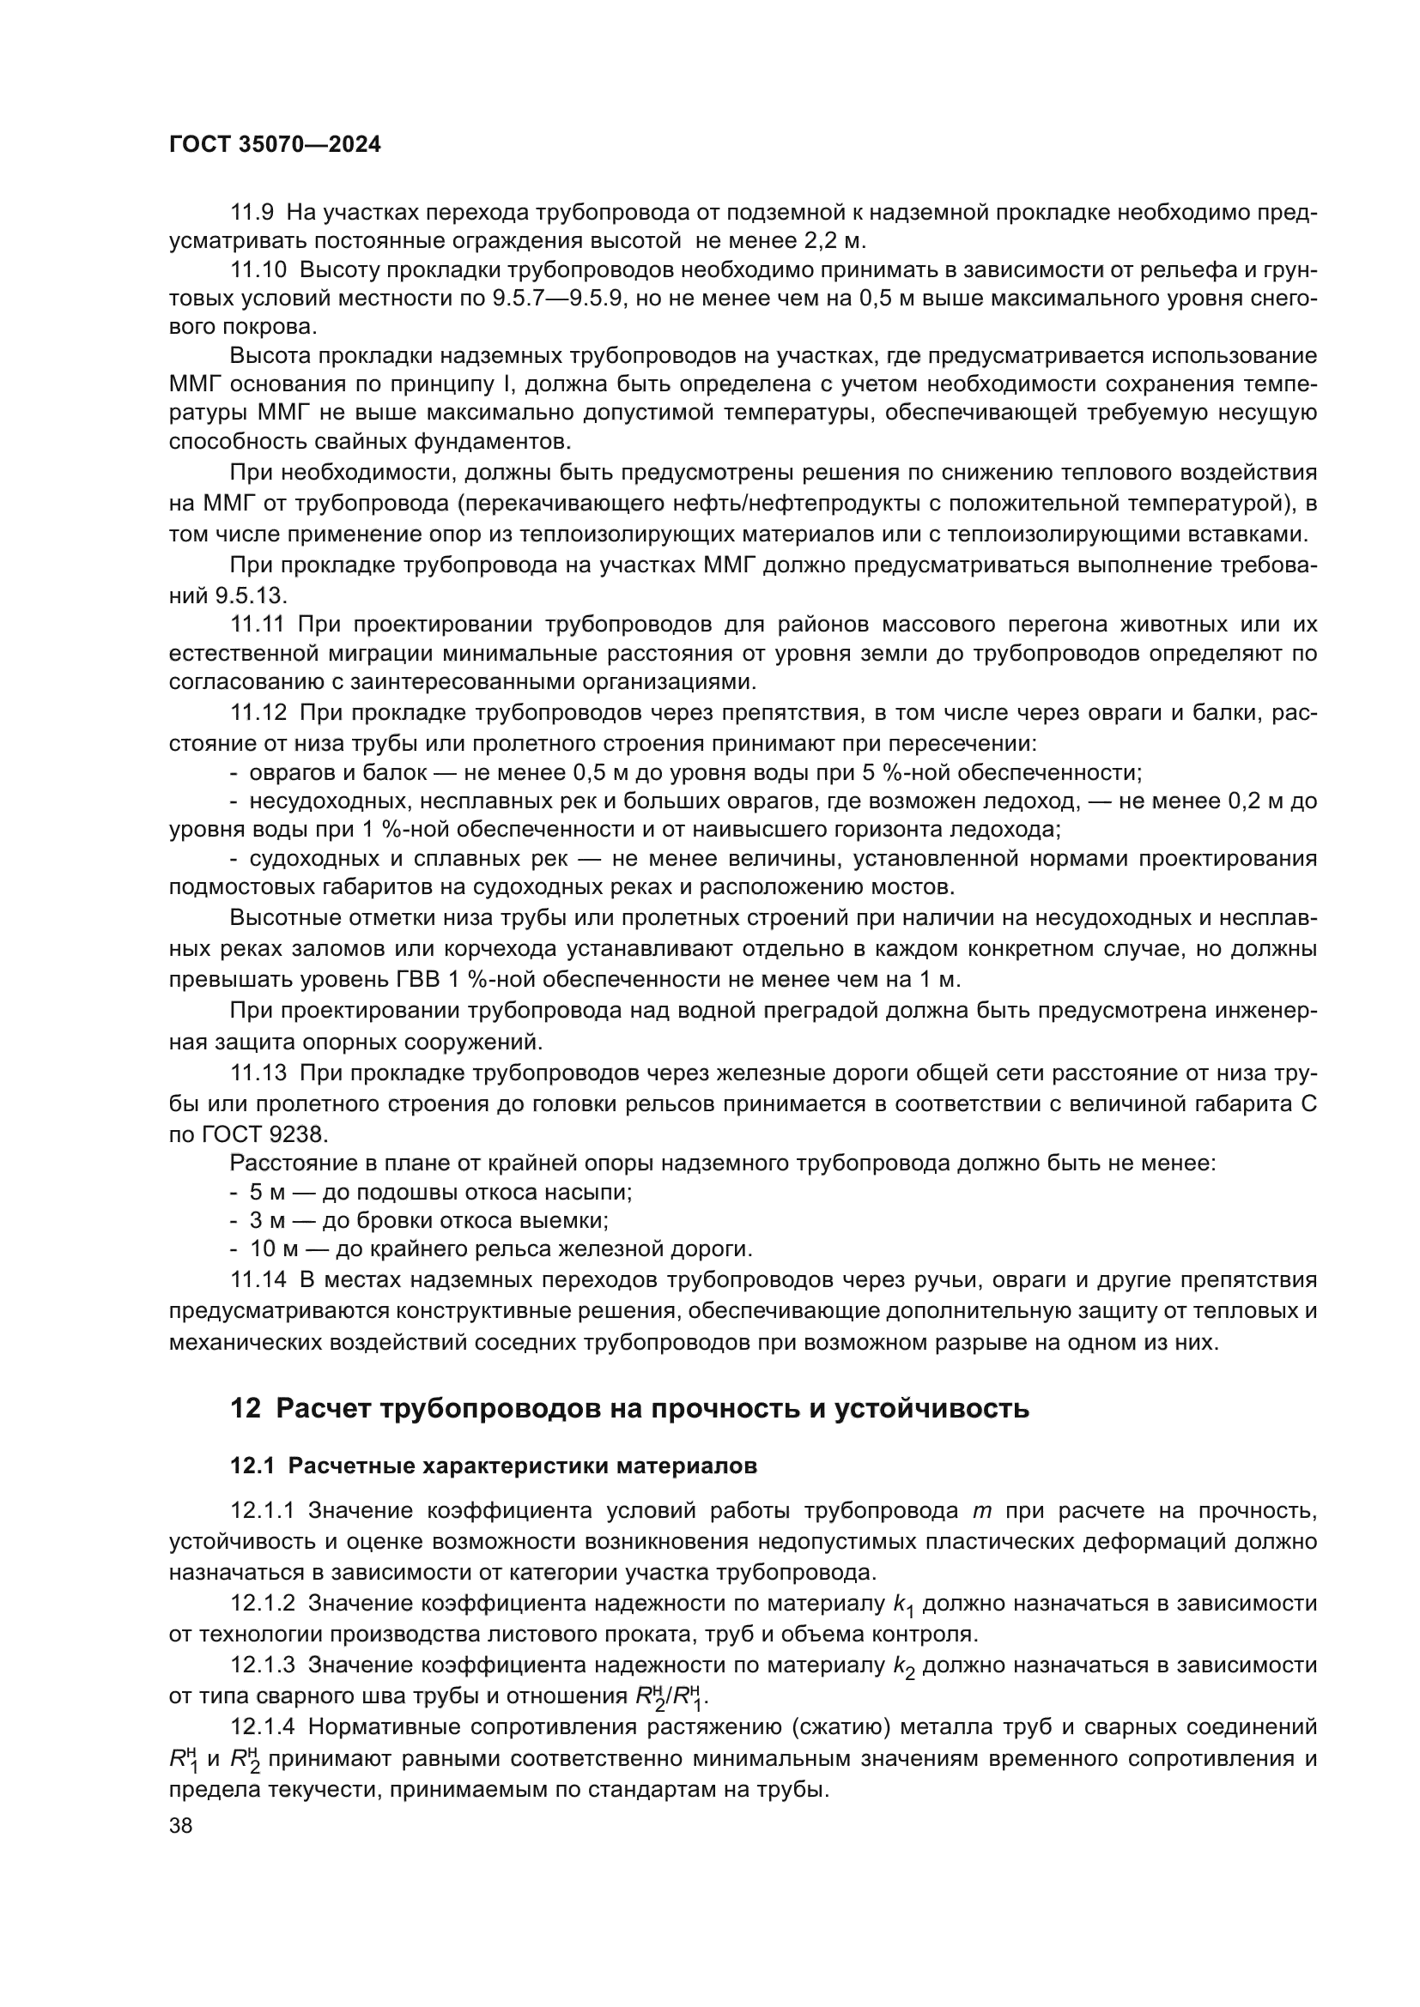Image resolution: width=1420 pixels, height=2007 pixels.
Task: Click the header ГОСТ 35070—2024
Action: click(x=275, y=145)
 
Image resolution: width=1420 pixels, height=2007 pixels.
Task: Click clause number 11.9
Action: click(x=252, y=212)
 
